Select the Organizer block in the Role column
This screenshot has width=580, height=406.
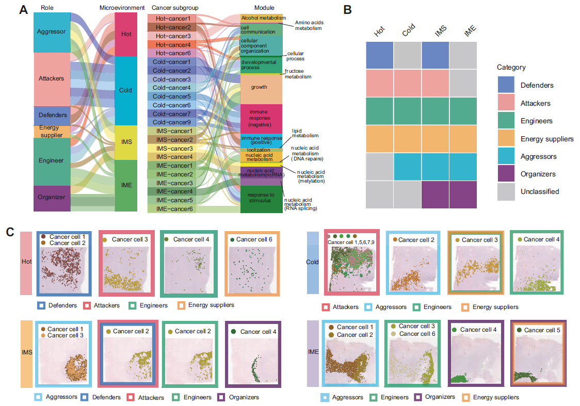[x=52, y=197]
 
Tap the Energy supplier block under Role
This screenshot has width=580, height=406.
[x=52, y=132]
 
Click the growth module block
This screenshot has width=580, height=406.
[x=261, y=88]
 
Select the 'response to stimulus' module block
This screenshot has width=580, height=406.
[x=261, y=198]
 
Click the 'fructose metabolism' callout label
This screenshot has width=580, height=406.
[x=298, y=73]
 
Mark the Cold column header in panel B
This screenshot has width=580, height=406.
[x=409, y=32]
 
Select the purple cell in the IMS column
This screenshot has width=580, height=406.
[x=435, y=194]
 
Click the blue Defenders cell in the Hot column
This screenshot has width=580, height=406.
[x=380, y=55]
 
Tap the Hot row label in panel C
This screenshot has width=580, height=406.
[x=27, y=262]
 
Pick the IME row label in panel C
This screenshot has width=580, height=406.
[x=313, y=352]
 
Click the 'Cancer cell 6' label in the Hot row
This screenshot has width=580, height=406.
[x=255, y=239]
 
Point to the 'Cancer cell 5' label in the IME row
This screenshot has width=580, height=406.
[x=542, y=330]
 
